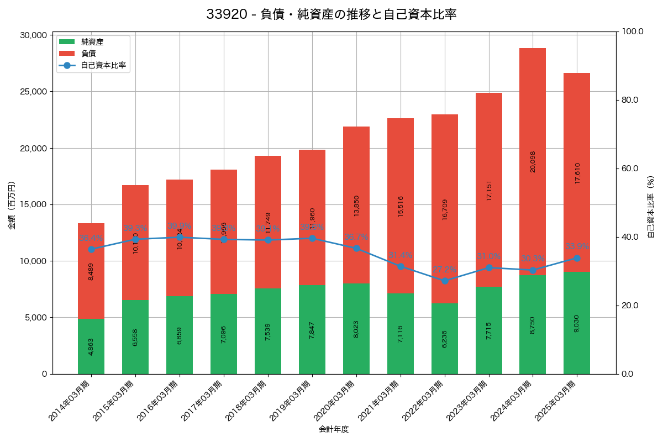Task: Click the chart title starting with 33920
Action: coord(331,14)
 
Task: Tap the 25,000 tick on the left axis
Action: coord(33,92)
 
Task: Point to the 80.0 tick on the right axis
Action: coord(630,100)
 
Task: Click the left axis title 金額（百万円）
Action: coord(12,205)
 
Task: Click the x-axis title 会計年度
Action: coord(334,429)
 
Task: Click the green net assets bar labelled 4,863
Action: coord(91,346)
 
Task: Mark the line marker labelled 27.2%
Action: coord(445,281)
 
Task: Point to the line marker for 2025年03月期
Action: coord(577,258)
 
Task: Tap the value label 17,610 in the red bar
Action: coord(577,173)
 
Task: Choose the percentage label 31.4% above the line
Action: coord(401,255)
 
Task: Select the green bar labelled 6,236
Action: coord(445,339)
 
